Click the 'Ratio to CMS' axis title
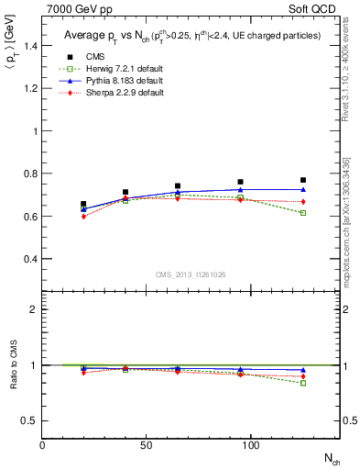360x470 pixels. tap(12, 364)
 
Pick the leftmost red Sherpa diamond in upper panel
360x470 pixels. tap(83, 217)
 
